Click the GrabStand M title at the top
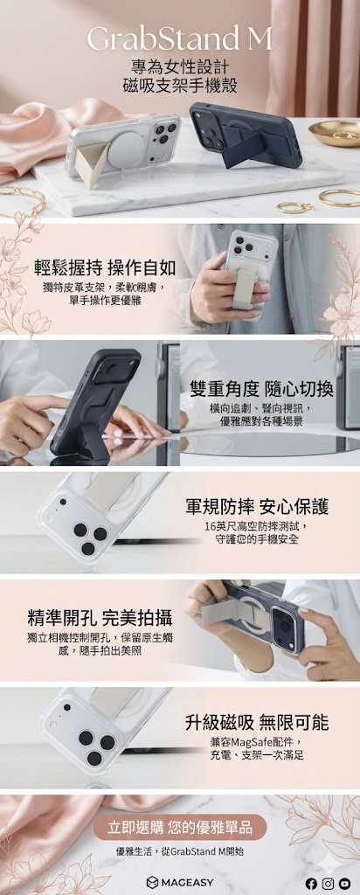click(179, 40)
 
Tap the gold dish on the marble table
click(336, 132)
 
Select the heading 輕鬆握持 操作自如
click(103, 267)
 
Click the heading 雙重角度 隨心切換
click(262, 389)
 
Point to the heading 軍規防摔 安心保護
click(257, 506)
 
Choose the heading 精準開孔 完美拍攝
click(100, 618)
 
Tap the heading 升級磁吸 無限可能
click(257, 723)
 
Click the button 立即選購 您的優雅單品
click(180, 827)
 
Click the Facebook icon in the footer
click(311, 883)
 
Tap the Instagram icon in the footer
click(328, 883)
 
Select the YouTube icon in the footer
click(344, 883)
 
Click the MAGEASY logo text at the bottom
click(180, 883)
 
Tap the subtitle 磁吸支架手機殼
click(180, 87)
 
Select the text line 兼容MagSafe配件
click(256, 742)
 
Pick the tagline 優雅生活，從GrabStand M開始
click(180, 851)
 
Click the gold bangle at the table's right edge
click(340, 198)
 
